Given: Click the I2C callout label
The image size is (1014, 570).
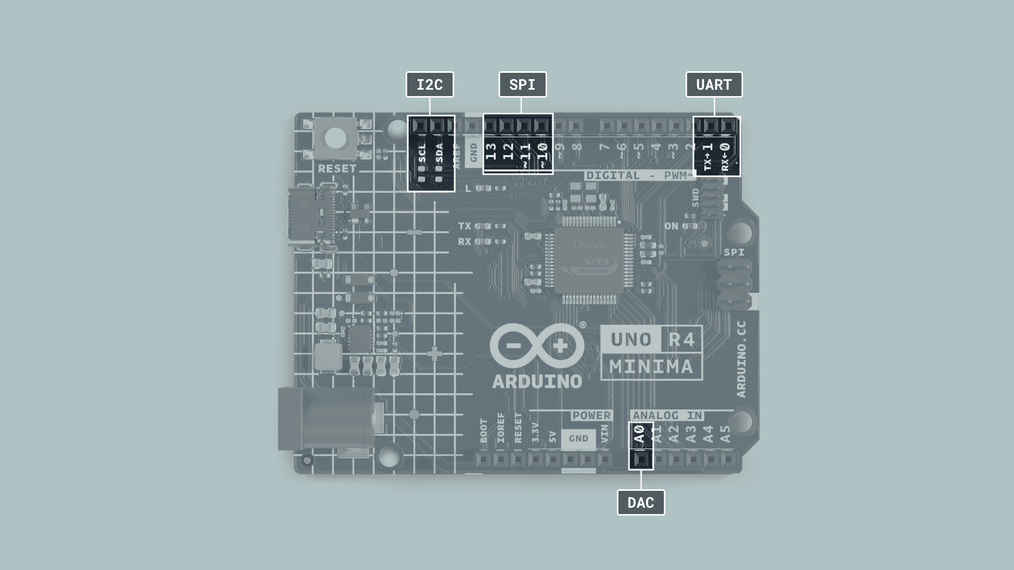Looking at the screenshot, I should [x=429, y=84].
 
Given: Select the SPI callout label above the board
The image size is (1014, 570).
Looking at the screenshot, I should [x=522, y=84].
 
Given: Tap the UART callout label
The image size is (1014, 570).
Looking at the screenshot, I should [x=713, y=84].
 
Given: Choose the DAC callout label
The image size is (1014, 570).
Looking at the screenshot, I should [x=641, y=502].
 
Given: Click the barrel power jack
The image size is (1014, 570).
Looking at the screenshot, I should [x=327, y=420].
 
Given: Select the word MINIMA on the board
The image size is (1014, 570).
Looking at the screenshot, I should [x=651, y=366].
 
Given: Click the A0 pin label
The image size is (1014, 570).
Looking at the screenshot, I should [x=640, y=435].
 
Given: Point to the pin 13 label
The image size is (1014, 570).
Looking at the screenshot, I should [x=491, y=151].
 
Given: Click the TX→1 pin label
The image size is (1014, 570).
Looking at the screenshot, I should [x=708, y=157].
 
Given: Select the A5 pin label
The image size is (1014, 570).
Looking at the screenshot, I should [x=726, y=434].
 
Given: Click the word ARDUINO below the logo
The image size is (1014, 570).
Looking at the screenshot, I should [x=537, y=381].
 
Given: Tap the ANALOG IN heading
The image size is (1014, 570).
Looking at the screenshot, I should [x=668, y=416].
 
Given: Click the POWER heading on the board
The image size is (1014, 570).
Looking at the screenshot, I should [x=591, y=416].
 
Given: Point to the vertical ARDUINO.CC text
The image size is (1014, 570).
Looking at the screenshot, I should [x=741, y=359].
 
